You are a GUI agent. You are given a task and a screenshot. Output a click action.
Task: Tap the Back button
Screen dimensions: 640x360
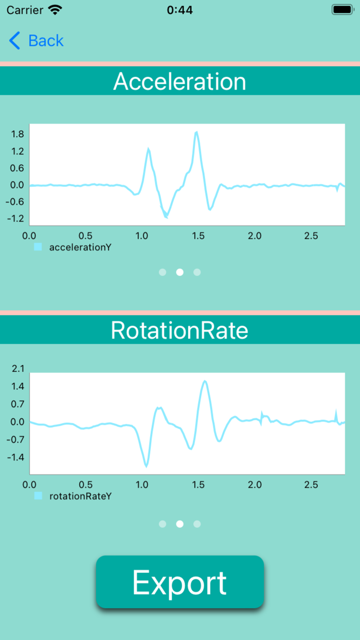point(37,41)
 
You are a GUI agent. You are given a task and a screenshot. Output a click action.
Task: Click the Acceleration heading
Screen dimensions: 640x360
point(179,81)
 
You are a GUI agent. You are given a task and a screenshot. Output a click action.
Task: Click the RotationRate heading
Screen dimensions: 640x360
point(179,330)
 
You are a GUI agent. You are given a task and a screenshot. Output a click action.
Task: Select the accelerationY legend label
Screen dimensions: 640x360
point(80,247)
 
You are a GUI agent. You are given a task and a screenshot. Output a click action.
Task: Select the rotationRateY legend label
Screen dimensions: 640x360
point(80,496)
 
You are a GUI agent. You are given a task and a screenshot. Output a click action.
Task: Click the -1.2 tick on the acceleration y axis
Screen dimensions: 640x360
point(16,218)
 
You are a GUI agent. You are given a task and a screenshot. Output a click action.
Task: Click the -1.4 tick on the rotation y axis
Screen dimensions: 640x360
point(16,457)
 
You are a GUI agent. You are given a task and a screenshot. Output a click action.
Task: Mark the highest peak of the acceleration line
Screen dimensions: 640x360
point(196,132)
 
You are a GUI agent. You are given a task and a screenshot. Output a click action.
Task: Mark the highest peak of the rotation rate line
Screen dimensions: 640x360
point(205,381)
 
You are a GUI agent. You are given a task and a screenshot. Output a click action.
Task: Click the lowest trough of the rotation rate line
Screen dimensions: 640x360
point(146,466)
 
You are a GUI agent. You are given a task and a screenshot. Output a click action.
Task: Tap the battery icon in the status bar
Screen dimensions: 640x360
point(342,10)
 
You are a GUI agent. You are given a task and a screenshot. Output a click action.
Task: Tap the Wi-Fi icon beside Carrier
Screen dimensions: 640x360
point(55,10)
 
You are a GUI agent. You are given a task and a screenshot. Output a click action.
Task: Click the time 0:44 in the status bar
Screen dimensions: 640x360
point(179,10)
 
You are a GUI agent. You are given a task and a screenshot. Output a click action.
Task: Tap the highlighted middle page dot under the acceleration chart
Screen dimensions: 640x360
point(179,272)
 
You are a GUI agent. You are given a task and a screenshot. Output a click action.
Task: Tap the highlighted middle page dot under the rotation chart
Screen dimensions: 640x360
point(179,524)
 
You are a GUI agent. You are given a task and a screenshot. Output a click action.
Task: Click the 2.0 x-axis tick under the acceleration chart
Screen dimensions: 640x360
point(255,236)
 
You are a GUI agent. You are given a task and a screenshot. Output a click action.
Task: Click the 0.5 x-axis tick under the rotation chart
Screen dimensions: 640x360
point(86,485)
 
